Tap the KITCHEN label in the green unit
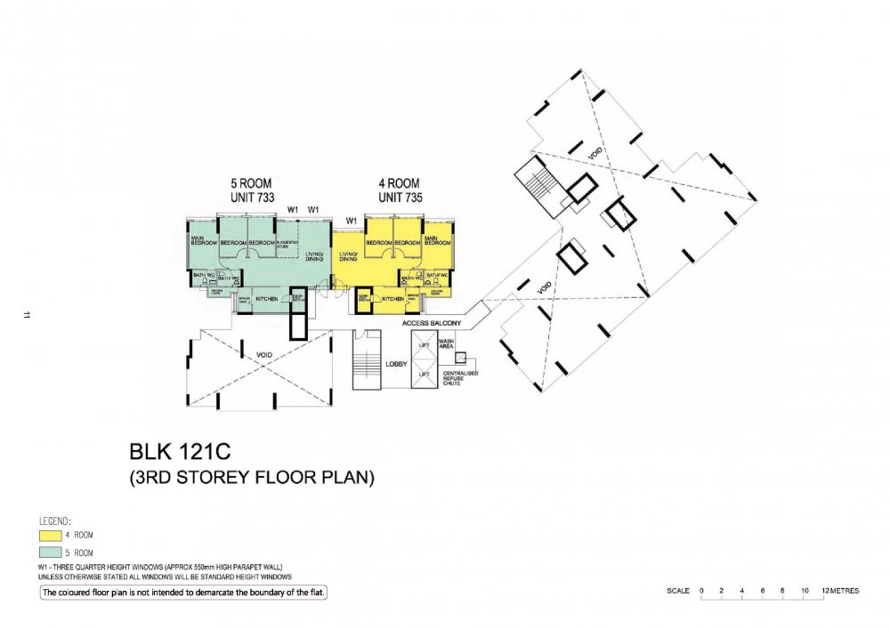pyautogui.click(x=267, y=298)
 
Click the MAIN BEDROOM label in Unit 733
pyautogui.click(x=204, y=240)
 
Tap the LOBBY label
pyautogui.click(x=396, y=365)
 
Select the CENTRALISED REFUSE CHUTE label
pyautogui.click(x=462, y=377)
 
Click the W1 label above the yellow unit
pyautogui.click(x=352, y=219)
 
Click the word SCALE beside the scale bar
pyautogui.click(x=678, y=591)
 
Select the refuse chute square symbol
pyautogui.click(x=460, y=358)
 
